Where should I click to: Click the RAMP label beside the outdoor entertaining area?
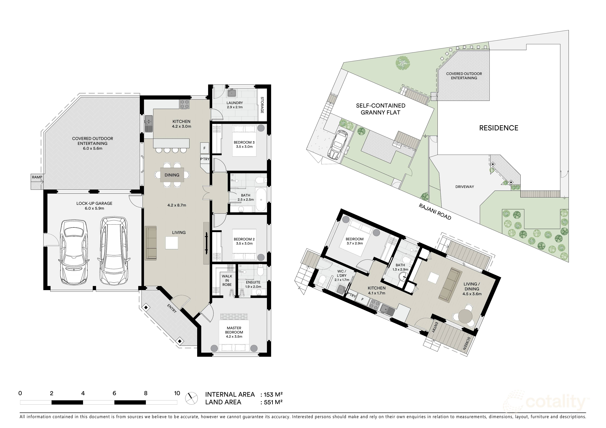(x=37, y=177)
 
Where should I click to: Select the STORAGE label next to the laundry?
(x=262, y=105)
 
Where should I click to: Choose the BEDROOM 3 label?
(x=244, y=142)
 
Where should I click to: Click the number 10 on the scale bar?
(x=177, y=393)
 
